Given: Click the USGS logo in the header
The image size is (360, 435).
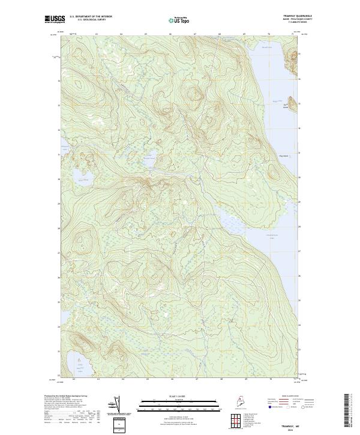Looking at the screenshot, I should pyautogui.click(x=55, y=19).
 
